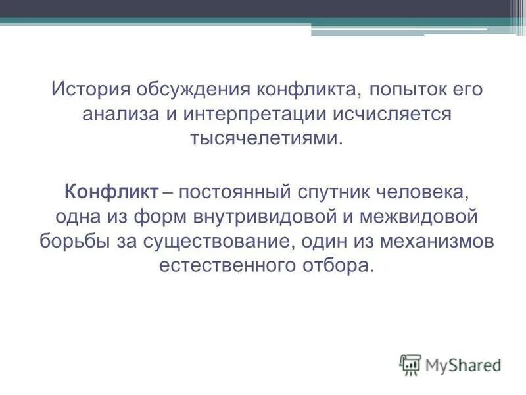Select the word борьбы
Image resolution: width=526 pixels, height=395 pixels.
(x=68, y=241)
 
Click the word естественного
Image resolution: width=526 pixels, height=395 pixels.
(x=227, y=266)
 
